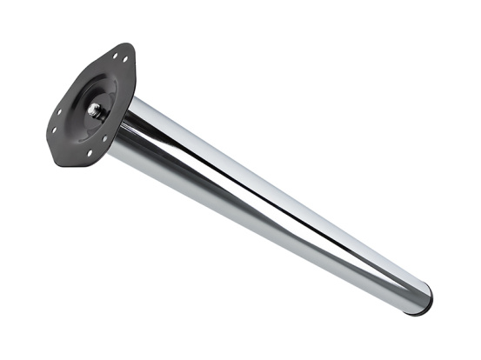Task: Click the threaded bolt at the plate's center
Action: click(x=96, y=110)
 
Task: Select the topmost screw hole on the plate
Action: click(x=116, y=56)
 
